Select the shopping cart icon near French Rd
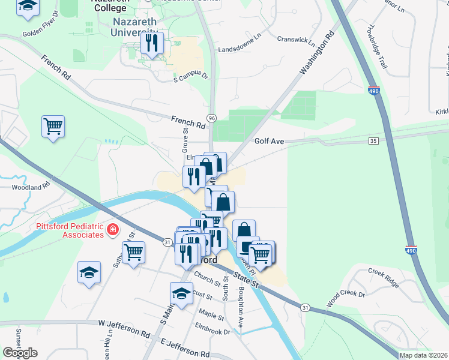[53, 127]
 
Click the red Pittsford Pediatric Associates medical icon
[112, 229]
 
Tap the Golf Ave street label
[268, 142]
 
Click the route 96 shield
[211, 118]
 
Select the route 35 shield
[373, 140]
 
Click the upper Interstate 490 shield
[373, 91]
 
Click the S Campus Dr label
[190, 77]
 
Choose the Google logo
[20, 353]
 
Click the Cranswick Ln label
[295, 40]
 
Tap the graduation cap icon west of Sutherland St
[89, 272]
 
